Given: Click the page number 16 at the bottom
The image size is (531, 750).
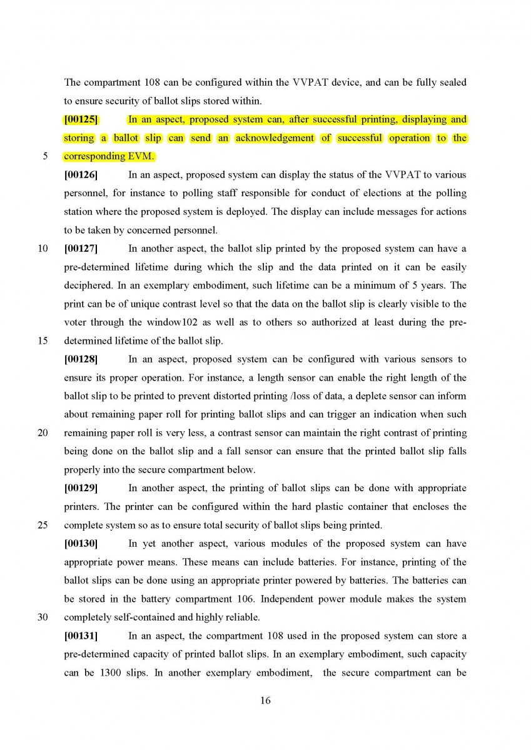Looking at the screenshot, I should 265,701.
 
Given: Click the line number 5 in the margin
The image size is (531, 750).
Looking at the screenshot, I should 45,156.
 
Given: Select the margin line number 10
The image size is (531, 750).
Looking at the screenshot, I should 43,249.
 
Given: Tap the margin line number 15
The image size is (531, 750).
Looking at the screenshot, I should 43,341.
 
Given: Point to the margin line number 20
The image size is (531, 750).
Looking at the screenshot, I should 43,432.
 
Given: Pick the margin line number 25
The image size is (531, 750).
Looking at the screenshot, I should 43,525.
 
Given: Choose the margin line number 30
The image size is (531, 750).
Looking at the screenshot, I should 43,617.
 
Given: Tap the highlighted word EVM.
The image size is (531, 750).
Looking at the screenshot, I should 141,156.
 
